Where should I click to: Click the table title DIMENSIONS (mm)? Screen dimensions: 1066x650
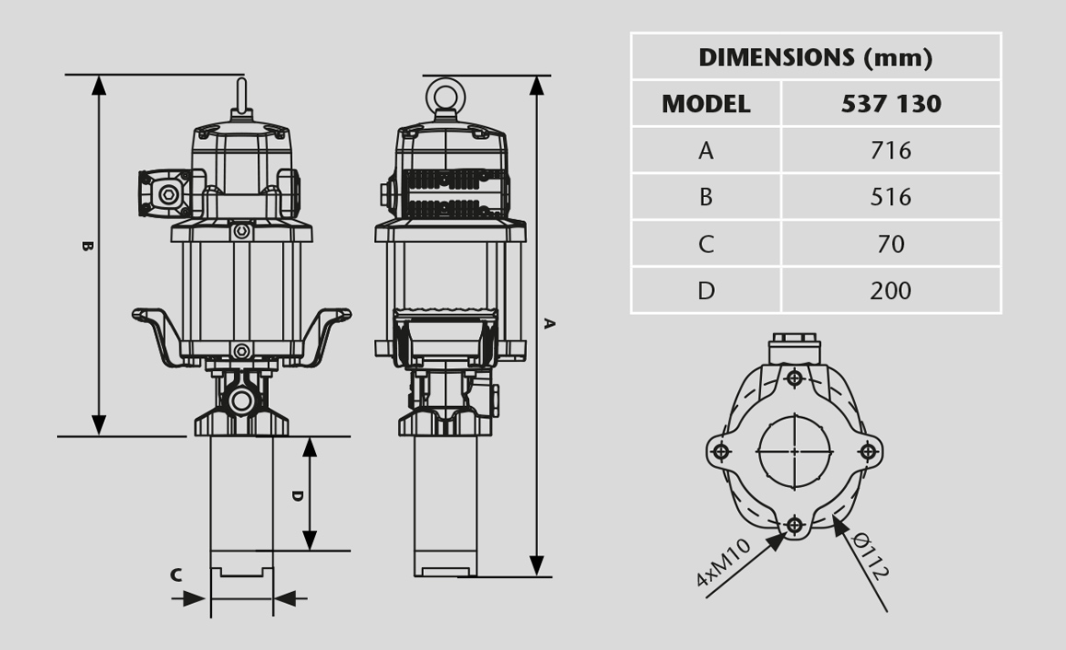pos(815,58)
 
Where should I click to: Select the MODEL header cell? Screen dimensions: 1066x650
pos(706,104)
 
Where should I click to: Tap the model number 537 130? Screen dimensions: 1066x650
pos(891,104)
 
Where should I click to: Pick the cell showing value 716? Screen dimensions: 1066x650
pos(891,150)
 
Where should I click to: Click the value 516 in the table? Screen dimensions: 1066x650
pos(891,197)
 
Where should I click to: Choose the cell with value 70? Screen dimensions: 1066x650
pos(891,244)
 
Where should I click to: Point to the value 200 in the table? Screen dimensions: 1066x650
pos(891,291)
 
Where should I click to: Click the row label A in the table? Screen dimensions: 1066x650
pos(706,150)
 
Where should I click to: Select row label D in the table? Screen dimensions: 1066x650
pos(706,291)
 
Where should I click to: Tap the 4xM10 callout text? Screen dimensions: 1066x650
pos(723,563)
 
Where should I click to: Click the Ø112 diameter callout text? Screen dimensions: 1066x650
pos(870,555)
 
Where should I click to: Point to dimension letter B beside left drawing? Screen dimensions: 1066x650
pos(87,247)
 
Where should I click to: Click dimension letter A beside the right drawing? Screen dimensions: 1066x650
pos(549,323)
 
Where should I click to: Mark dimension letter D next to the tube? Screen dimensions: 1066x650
pos(297,496)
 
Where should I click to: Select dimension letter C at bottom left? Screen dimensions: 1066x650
pos(176,576)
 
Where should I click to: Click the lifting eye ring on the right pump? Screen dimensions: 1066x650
pos(445,95)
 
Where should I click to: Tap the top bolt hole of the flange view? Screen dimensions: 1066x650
pos(794,378)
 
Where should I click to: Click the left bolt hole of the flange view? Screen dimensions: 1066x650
pos(721,451)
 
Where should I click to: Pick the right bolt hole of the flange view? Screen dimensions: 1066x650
pos(868,451)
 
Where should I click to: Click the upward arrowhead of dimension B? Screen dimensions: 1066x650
pos(100,85)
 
